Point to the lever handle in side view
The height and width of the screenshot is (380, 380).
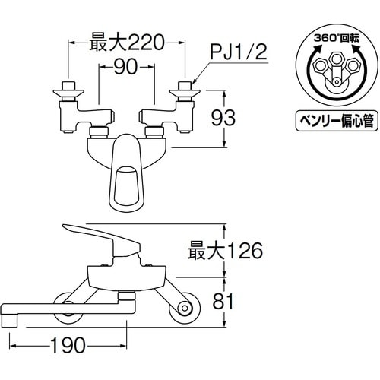[99, 233]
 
